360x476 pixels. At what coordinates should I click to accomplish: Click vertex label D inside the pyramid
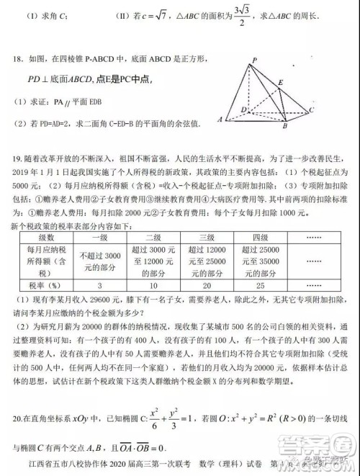point(244,109)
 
